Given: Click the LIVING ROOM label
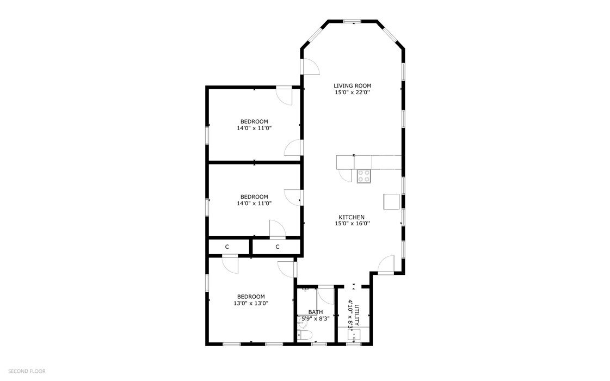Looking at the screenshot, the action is click(352, 85).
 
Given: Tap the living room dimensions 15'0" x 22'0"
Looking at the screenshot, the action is click(352, 93).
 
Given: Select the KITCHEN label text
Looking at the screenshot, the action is click(352, 217).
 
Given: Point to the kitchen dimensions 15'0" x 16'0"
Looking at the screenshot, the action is click(352, 223).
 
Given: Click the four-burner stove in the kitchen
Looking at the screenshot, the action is click(364, 176).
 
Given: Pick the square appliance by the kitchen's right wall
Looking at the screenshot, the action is click(391, 201).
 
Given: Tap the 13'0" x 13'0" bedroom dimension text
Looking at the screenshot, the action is click(251, 303).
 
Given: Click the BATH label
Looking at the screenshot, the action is click(316, 312).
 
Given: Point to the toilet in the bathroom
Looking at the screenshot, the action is click(305, 335).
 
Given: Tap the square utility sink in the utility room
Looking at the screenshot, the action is click(354, 335).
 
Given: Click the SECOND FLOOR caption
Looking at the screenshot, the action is click(27, 371).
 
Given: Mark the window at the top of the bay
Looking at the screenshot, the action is click(353, 21).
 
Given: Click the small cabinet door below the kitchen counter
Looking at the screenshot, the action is click(346, 176).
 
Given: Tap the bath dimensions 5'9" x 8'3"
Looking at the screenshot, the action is click(316, 318).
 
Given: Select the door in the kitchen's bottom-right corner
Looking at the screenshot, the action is click(386, 265).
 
